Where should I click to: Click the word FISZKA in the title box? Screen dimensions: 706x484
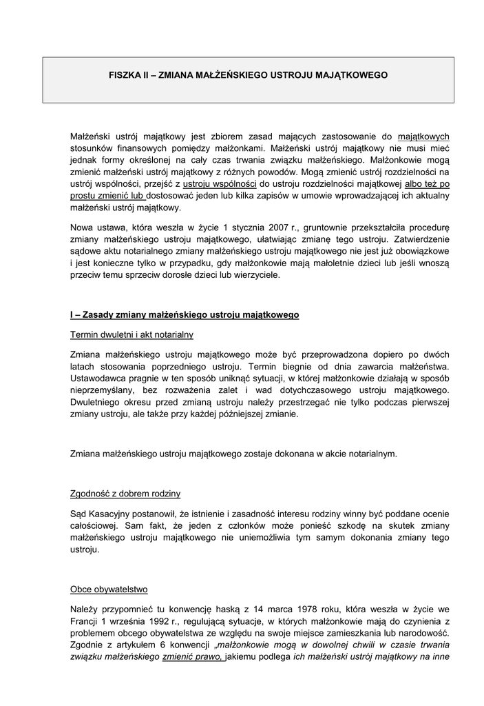coord(126,74)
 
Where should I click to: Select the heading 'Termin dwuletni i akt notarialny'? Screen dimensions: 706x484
coord(131,334)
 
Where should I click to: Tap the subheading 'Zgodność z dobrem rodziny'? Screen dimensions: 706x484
coord(125,494)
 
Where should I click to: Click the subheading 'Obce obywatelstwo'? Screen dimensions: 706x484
coord(109,589)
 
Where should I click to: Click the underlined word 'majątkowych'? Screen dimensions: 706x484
coord(423,137)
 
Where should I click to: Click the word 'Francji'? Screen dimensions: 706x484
coord(85,622)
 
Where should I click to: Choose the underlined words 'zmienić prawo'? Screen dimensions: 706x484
coord(193,657)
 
